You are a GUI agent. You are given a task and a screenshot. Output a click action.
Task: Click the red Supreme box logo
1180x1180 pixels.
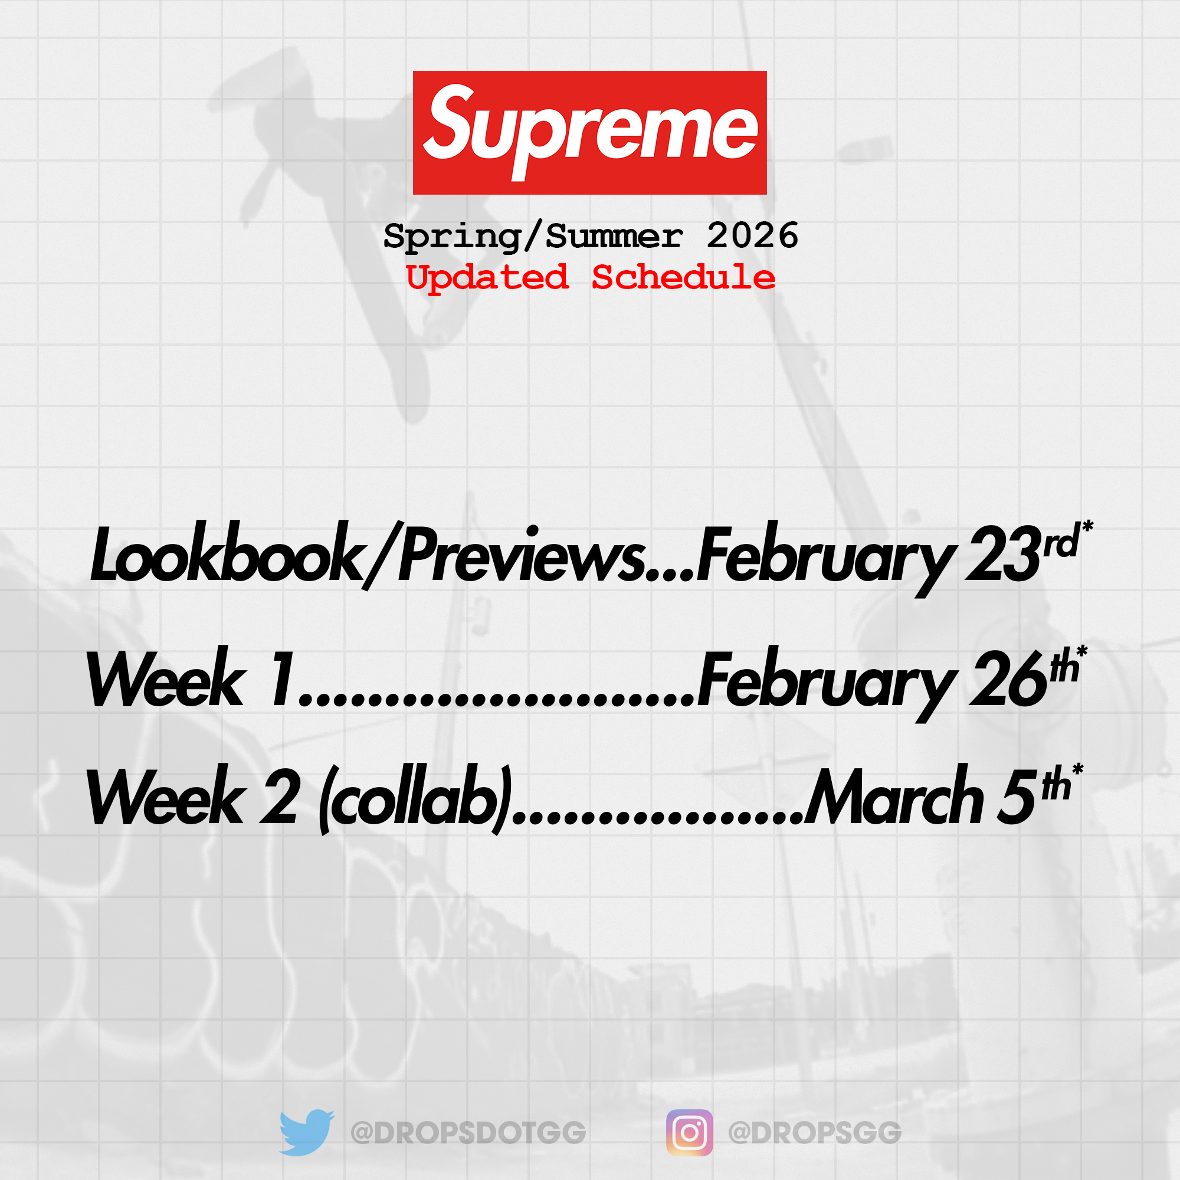tap(589, 133)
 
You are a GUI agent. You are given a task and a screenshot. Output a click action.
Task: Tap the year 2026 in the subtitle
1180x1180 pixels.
tap(752, 236)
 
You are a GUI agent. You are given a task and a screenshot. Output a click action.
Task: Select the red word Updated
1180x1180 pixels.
tap(487, 278)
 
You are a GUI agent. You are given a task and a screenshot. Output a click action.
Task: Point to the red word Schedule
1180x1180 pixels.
tap(683, 277)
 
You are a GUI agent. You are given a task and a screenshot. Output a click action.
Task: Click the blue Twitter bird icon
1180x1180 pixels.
tap(307, 1133)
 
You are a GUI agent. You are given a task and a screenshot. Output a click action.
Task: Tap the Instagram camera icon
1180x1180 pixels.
tap(690, 1133)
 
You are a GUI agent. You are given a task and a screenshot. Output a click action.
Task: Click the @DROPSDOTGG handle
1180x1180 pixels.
tap(468, 1133)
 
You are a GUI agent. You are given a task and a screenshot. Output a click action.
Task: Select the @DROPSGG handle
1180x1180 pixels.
tap(815, 1133)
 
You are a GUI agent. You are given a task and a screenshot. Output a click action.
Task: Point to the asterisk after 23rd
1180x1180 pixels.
tap(1087, 526)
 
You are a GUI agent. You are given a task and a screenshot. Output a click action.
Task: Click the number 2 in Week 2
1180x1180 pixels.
tap(280, 795)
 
